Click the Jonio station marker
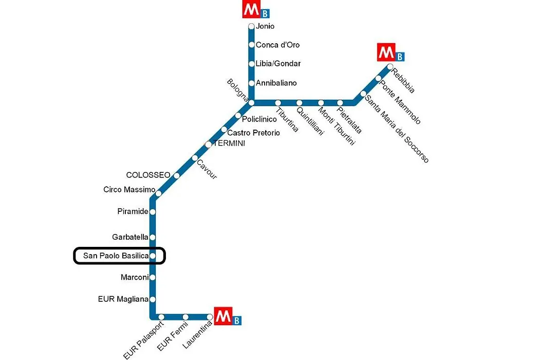pos(251,26)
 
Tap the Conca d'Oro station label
pos(277,45)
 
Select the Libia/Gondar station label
pos(278,64)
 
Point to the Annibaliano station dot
pos(251,83)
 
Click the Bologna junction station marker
pos(251,103)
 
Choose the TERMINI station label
pos(229,143)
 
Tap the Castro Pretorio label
pos(253,133)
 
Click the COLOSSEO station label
pos(149,175)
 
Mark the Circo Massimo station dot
pos(159,193)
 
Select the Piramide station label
pos(133,211)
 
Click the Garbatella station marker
pos(153,237)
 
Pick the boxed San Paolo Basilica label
pos(116,256)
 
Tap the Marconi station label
pos(135,277)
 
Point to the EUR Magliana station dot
pos(153,299)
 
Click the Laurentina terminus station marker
pos(210,317)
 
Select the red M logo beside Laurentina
pos(224,316)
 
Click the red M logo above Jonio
pos(251,9)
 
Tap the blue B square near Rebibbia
pos(400,57)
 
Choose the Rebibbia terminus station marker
pos(390,67)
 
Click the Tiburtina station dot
pos(278,103)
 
